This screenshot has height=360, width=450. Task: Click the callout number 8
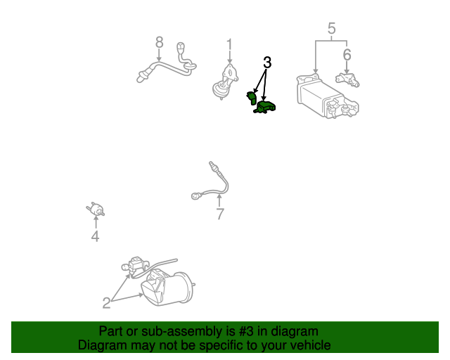tap(160, 42)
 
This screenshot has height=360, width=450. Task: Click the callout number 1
tap(229, 45)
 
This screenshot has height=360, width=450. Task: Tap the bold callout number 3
tap(267, 63)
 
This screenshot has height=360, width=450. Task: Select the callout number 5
tap(331, 28)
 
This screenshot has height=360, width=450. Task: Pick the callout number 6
tap(347, 55)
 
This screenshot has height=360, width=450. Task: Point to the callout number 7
tap(220, 214)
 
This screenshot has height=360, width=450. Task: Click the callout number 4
tap(96, 236)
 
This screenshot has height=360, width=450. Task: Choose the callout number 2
tap(106, 303)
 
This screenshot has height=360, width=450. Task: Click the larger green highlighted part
tap(264, 107)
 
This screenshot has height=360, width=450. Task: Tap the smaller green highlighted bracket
tap(252, 98)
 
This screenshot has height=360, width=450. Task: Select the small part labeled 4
tap(96, 210)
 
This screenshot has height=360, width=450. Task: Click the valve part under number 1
tap(225, 82)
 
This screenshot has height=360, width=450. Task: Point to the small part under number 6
tap(347, 79)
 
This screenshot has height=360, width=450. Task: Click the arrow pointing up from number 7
tap(219, 200)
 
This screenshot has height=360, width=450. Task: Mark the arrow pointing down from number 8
tap(159, 55)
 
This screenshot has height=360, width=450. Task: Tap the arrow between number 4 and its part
tap(96, 222)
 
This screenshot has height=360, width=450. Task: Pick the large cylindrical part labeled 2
tap(167, 288)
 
